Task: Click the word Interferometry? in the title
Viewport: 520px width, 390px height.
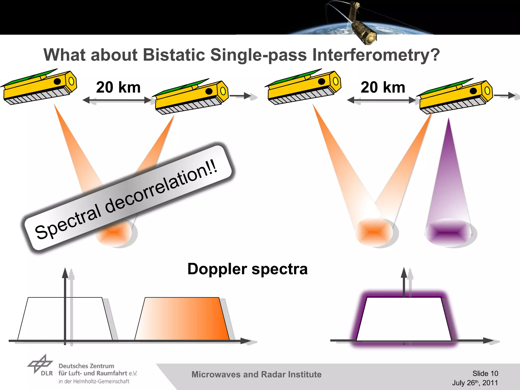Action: coord(376,55)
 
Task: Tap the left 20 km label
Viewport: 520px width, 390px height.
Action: coord(118,87)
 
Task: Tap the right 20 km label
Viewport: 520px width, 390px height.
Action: coord(383,87)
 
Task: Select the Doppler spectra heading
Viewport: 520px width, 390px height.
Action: coord(247,269)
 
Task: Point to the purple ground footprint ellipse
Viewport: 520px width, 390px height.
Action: coord(450,232)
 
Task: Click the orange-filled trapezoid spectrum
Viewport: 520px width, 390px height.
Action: coord(182,319)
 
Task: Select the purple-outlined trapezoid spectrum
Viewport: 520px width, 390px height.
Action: coord(404,319)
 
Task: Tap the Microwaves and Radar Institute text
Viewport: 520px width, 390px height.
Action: coord(256,375)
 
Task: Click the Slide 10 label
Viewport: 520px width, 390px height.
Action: coord(485,373)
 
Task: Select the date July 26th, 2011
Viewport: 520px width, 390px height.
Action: coord(475,383)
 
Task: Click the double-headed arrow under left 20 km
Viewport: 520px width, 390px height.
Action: coord(117,101)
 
